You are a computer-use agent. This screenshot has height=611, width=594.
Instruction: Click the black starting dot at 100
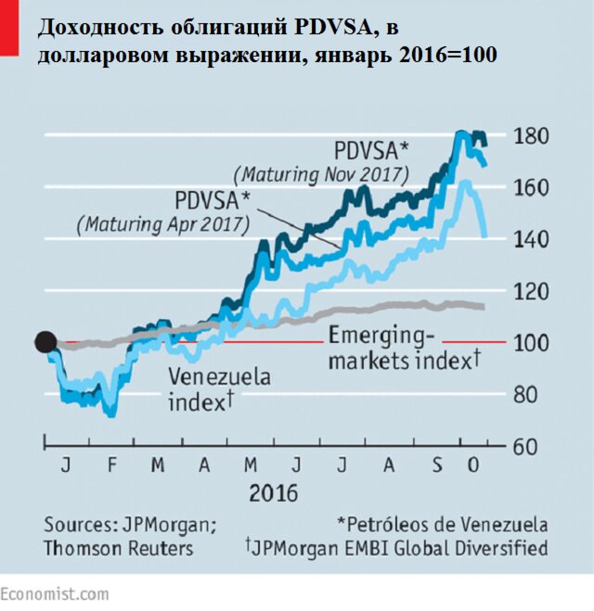45,342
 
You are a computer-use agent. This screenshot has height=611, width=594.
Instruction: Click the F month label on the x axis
111,464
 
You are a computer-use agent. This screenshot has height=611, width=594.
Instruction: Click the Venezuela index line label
220,389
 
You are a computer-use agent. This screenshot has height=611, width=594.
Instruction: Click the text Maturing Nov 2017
321,173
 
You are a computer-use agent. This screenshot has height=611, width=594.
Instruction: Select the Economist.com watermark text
54,593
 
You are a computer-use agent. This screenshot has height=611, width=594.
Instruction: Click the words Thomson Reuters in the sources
118,548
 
